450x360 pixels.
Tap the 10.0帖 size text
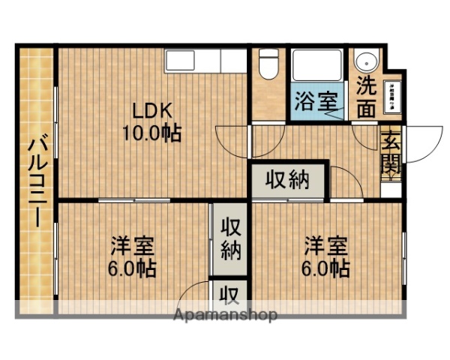[151, 134]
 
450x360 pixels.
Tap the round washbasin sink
[367, 63]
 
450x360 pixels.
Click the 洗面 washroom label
[366, 96]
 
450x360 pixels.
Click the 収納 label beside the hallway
[289, 181]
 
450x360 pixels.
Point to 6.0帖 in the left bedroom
[133, 268]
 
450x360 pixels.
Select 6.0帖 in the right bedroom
[326, 268]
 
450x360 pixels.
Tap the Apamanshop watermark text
[224, 315]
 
